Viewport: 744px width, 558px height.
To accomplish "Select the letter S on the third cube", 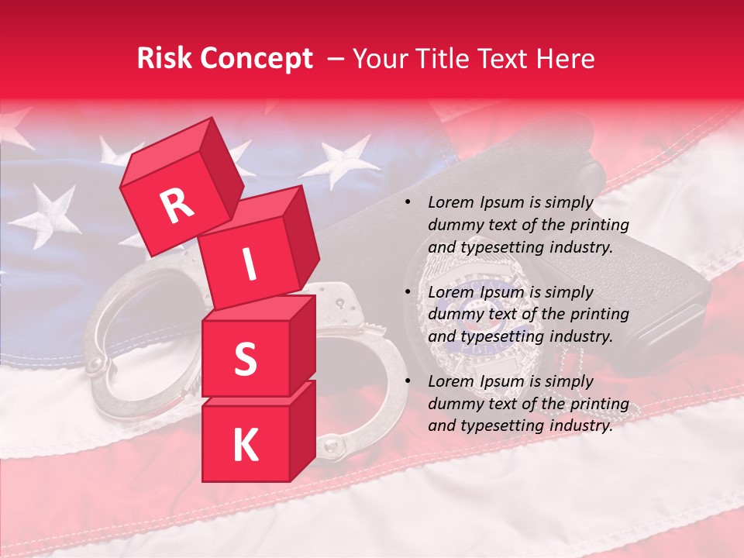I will point(245,359).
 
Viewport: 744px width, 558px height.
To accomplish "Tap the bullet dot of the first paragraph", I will point(408,203).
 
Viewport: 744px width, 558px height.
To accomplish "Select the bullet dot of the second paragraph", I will point(408,292).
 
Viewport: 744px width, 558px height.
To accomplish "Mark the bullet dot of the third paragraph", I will point(408,381).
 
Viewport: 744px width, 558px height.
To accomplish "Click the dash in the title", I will point(336,59).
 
